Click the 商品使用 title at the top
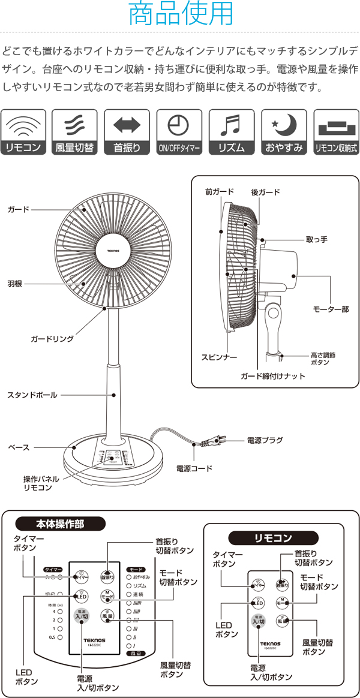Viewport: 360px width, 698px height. pyautogui.click(x=179, y=14)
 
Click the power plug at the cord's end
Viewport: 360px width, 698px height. pyautogui.click(x=215, y=442)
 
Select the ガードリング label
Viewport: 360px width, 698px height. pyautogui.click(x=52, y=339)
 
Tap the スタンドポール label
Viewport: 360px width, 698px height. pyautogui.click(x=32, y=395)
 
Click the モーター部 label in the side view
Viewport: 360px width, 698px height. pyautogui.click(x=331, y=309)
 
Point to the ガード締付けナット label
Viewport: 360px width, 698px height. pyautogui.click(x=273, y=377)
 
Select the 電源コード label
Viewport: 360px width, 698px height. pyautogui.click(x=194, y=468)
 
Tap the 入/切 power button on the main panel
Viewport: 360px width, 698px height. pyautogui.click(x=82, y=616)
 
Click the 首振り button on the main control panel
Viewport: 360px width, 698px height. pyautogui.click(x=107, y=576)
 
